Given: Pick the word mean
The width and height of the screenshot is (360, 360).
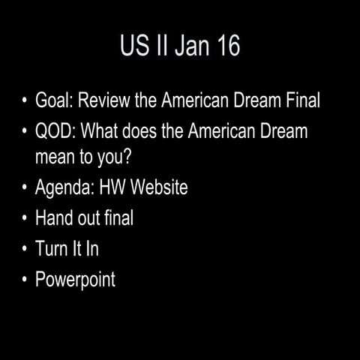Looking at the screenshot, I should coord(55,158).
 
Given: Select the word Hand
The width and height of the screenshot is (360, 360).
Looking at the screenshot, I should coord(53,218).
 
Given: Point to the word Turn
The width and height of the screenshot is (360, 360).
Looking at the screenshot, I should coord(52,249).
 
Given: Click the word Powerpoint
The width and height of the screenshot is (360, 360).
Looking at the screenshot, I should coord(76,280).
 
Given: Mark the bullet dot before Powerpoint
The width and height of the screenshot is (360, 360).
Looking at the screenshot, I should coord(25,280).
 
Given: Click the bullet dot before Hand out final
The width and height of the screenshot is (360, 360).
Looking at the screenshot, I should coord(25,218).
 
